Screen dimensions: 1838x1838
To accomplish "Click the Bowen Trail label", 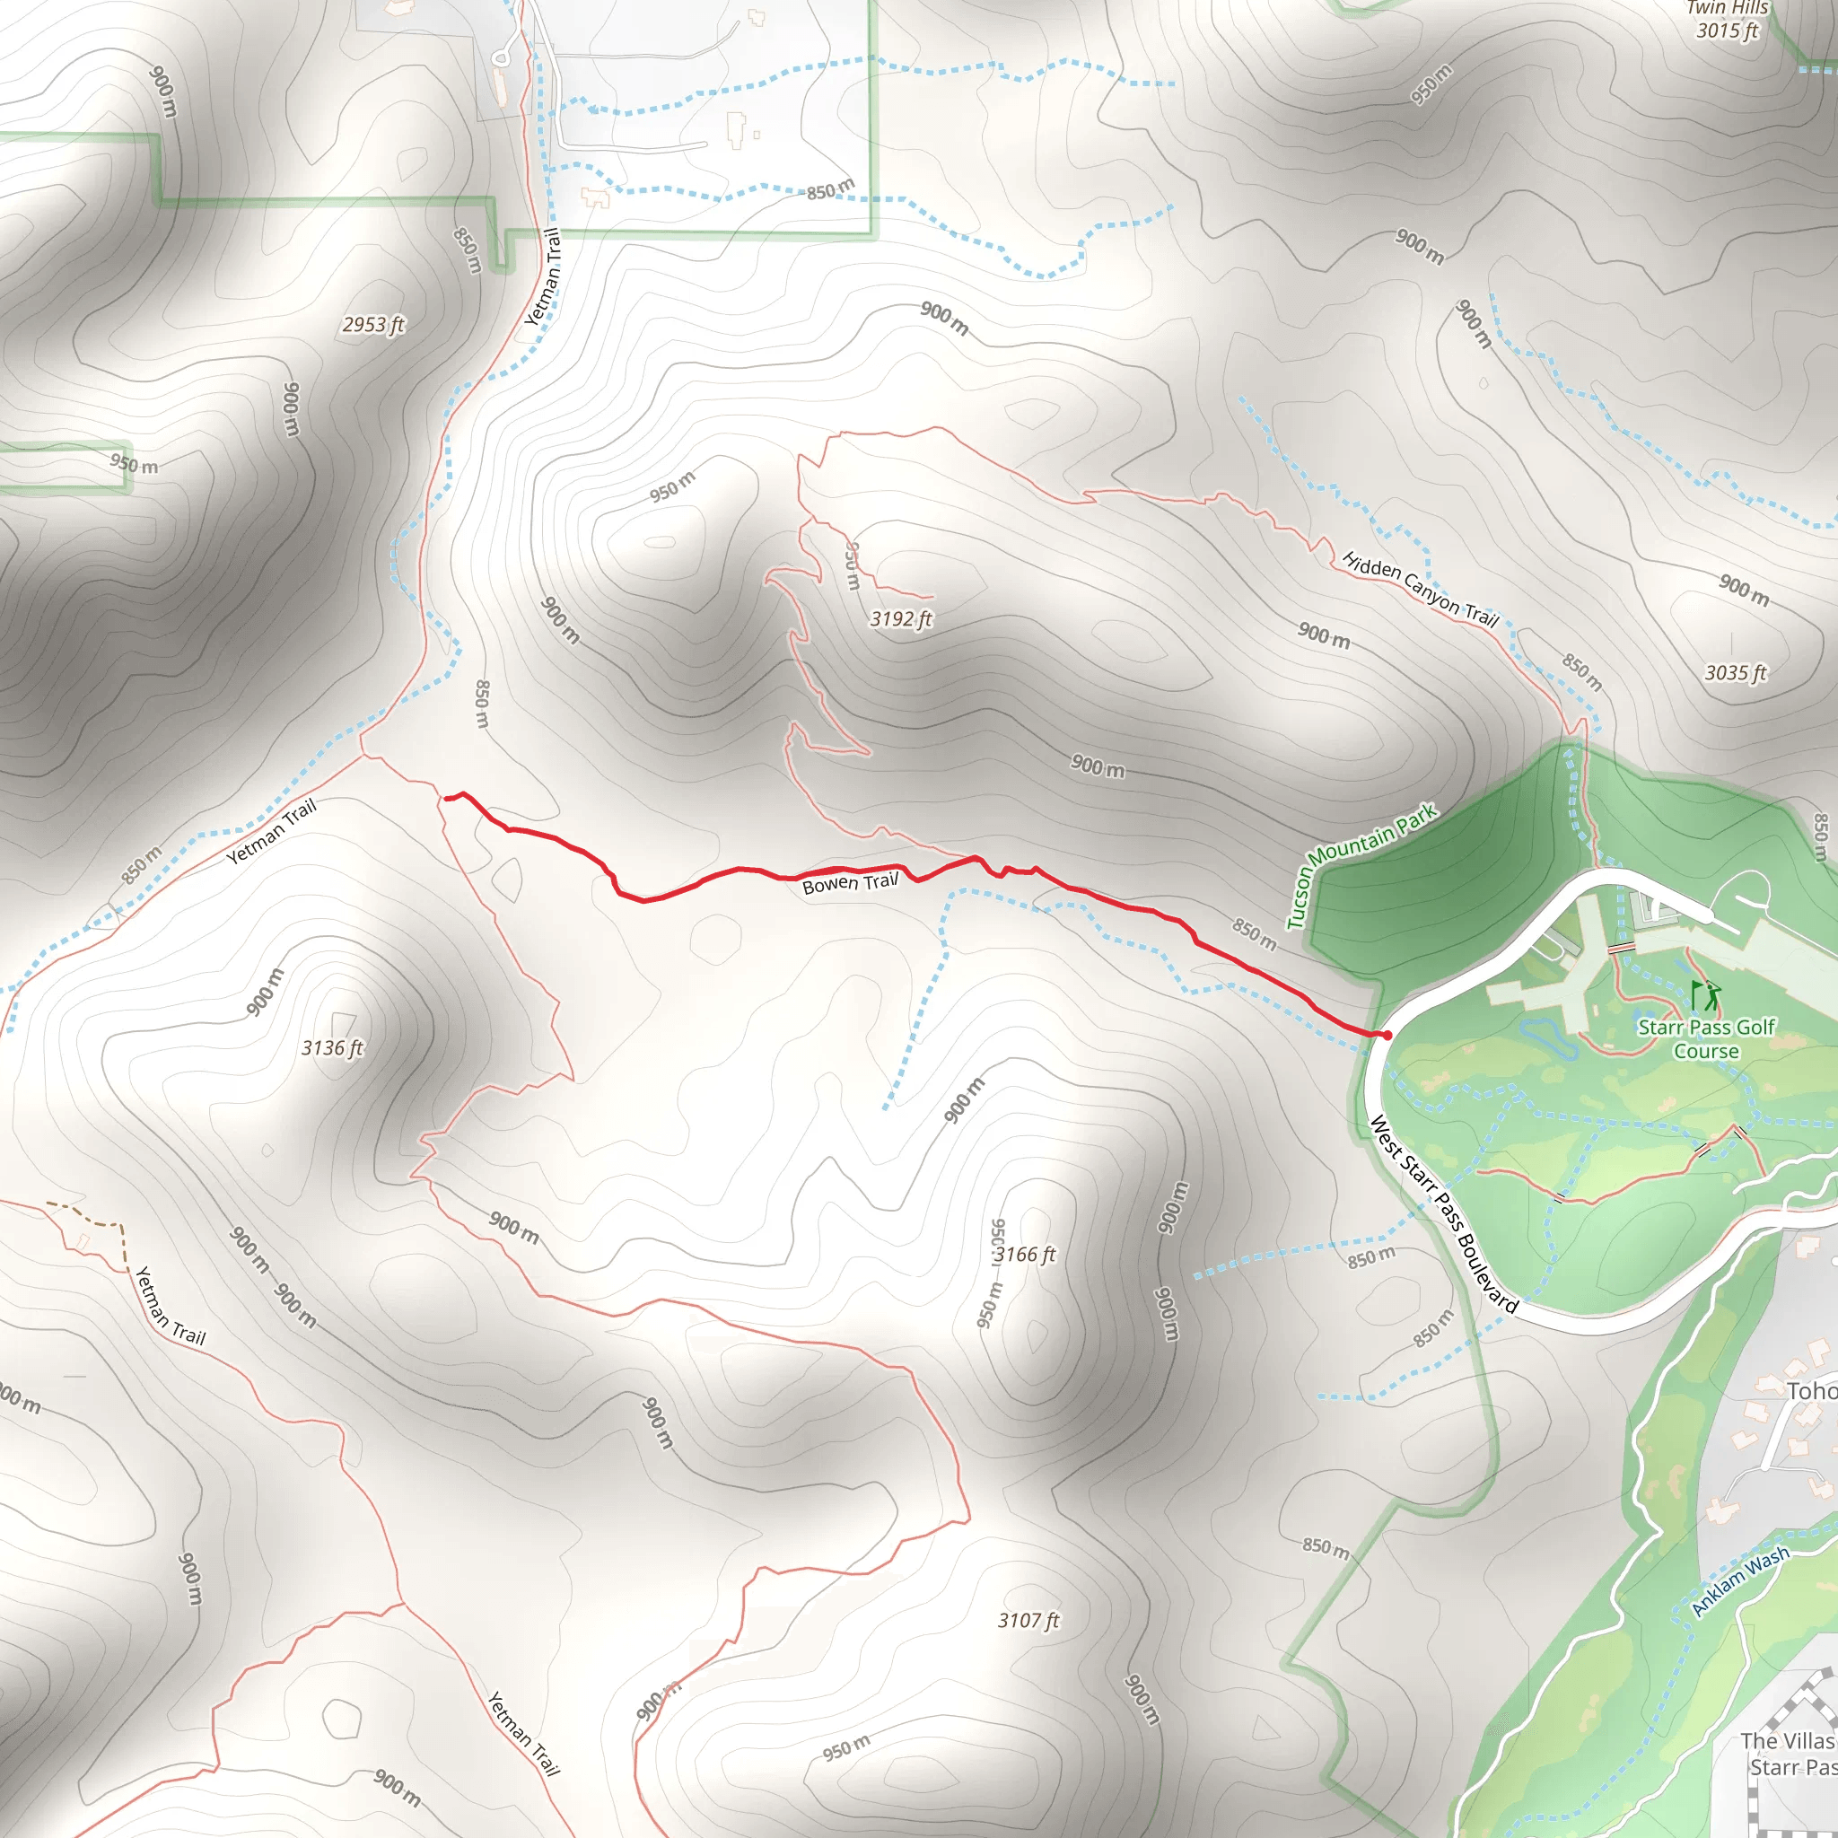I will click(x=850, y=883).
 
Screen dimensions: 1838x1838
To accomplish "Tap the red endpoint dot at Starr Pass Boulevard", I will click(x=1387, y=1035).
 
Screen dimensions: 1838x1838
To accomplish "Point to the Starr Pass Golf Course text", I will click(x=1706, y=1039).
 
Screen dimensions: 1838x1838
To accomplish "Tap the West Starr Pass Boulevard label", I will click(x=1442, y=1215).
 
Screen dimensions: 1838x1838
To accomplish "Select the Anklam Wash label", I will click(x=1740, y=1580).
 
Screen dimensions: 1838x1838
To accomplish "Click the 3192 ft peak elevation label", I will click(x=901, y=619).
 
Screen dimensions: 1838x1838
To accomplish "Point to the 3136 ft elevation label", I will click(x=332, y=1048).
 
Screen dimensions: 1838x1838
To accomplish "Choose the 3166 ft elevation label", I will click(x=1025, y=1255).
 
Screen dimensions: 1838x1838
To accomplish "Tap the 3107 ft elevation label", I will click(x=1028, y=1620).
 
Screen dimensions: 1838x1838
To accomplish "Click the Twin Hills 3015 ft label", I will click(x=1728, y=19).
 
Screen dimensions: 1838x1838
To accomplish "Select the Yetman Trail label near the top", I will click(x=543, y=276).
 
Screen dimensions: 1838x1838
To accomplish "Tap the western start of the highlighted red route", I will click(x=446, y=799).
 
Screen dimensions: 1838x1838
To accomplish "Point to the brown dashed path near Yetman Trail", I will click(x=95, y=1218).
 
